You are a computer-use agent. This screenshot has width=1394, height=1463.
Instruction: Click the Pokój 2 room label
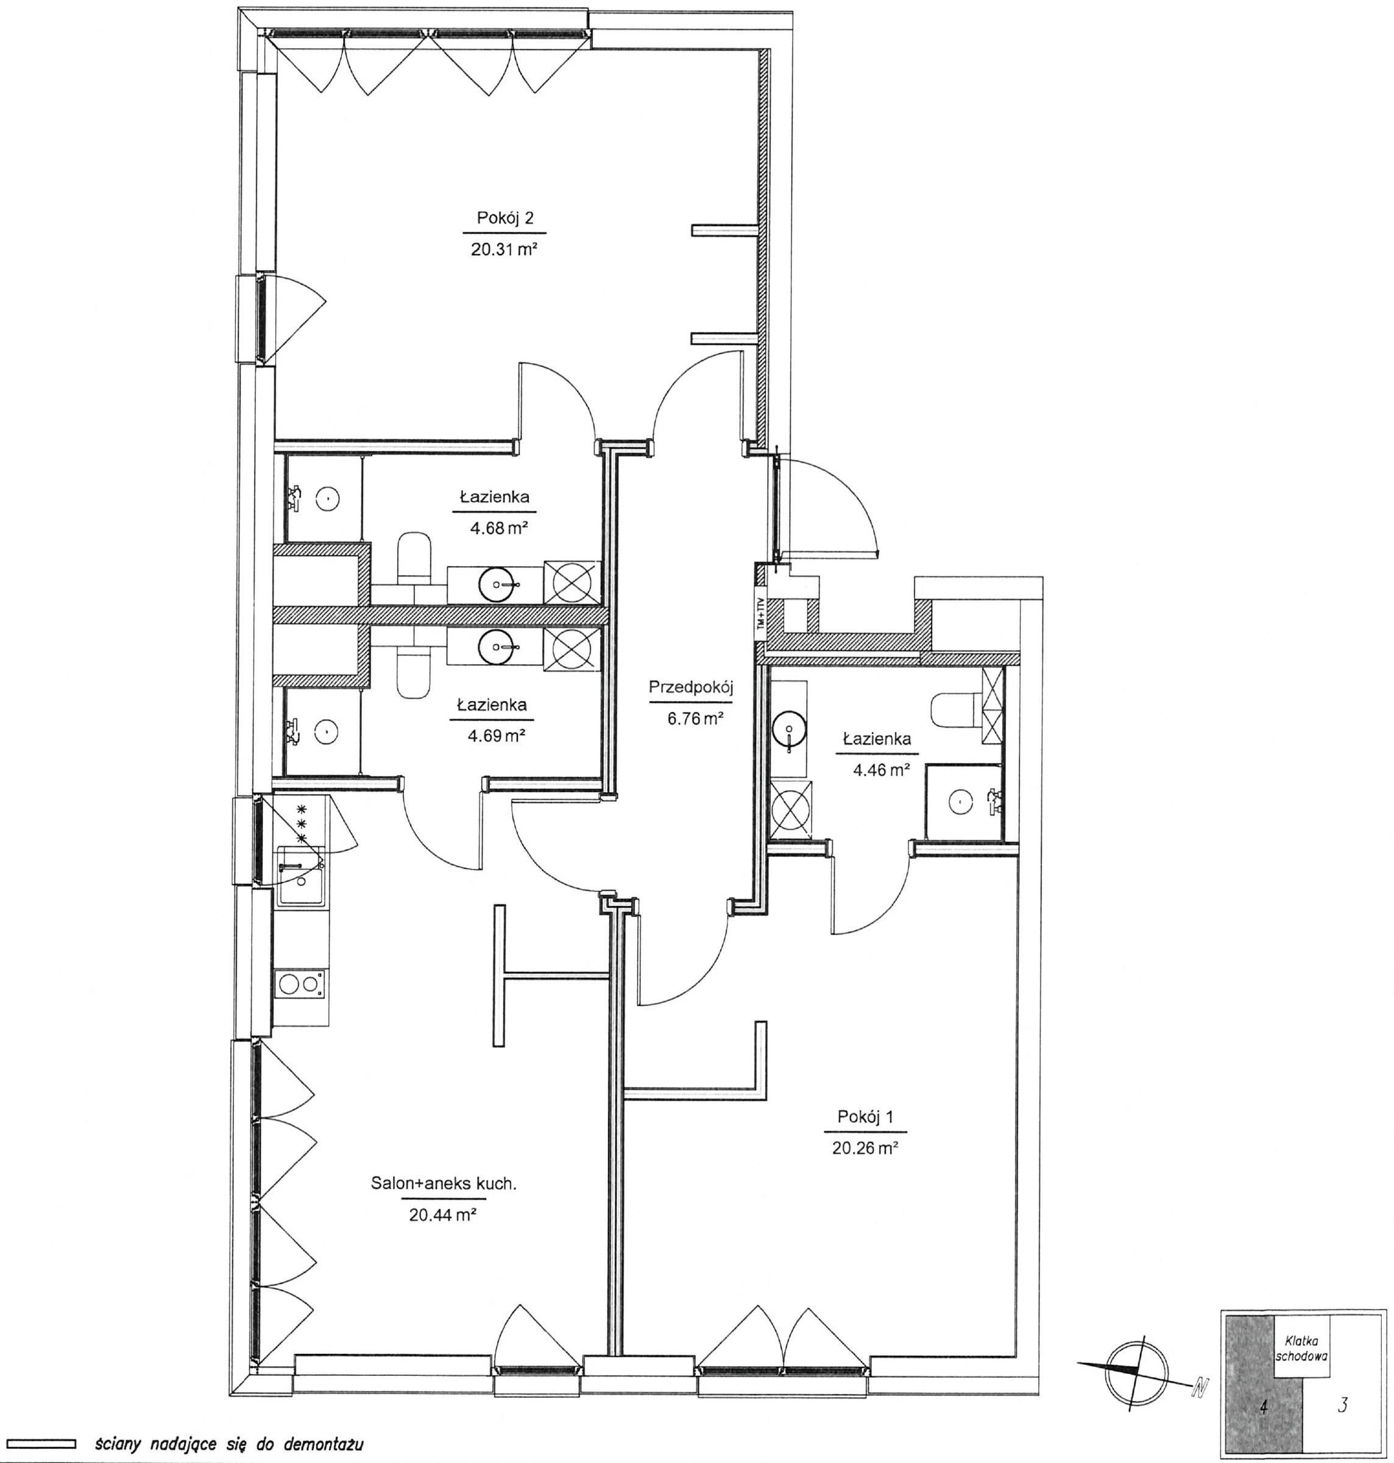pyautogui.click(x=505, y=219)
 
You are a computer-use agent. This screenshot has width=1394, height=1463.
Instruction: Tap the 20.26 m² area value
pyautogui.click(x=865, y=1148)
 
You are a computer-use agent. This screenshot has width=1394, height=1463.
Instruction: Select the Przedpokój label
pyautogui.click(x=691, y=687)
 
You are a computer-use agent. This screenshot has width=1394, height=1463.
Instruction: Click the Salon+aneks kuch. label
pyautogui.click(x=444, y=1184)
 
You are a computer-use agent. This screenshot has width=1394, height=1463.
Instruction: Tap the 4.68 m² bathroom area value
pyautogui.click(x=498, y=528)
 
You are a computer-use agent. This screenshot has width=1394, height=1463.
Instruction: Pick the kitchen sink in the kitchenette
pyautogui.click(x=301, y=877)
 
